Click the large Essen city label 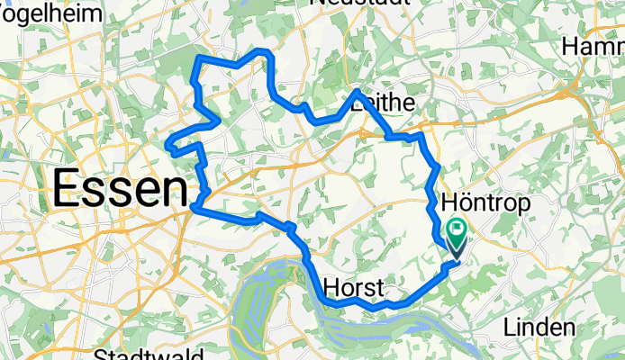[x=120, y=190]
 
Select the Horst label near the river [x=353, y=288]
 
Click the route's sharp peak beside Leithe [x=357, y=92]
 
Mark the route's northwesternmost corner [x=198, y=58]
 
